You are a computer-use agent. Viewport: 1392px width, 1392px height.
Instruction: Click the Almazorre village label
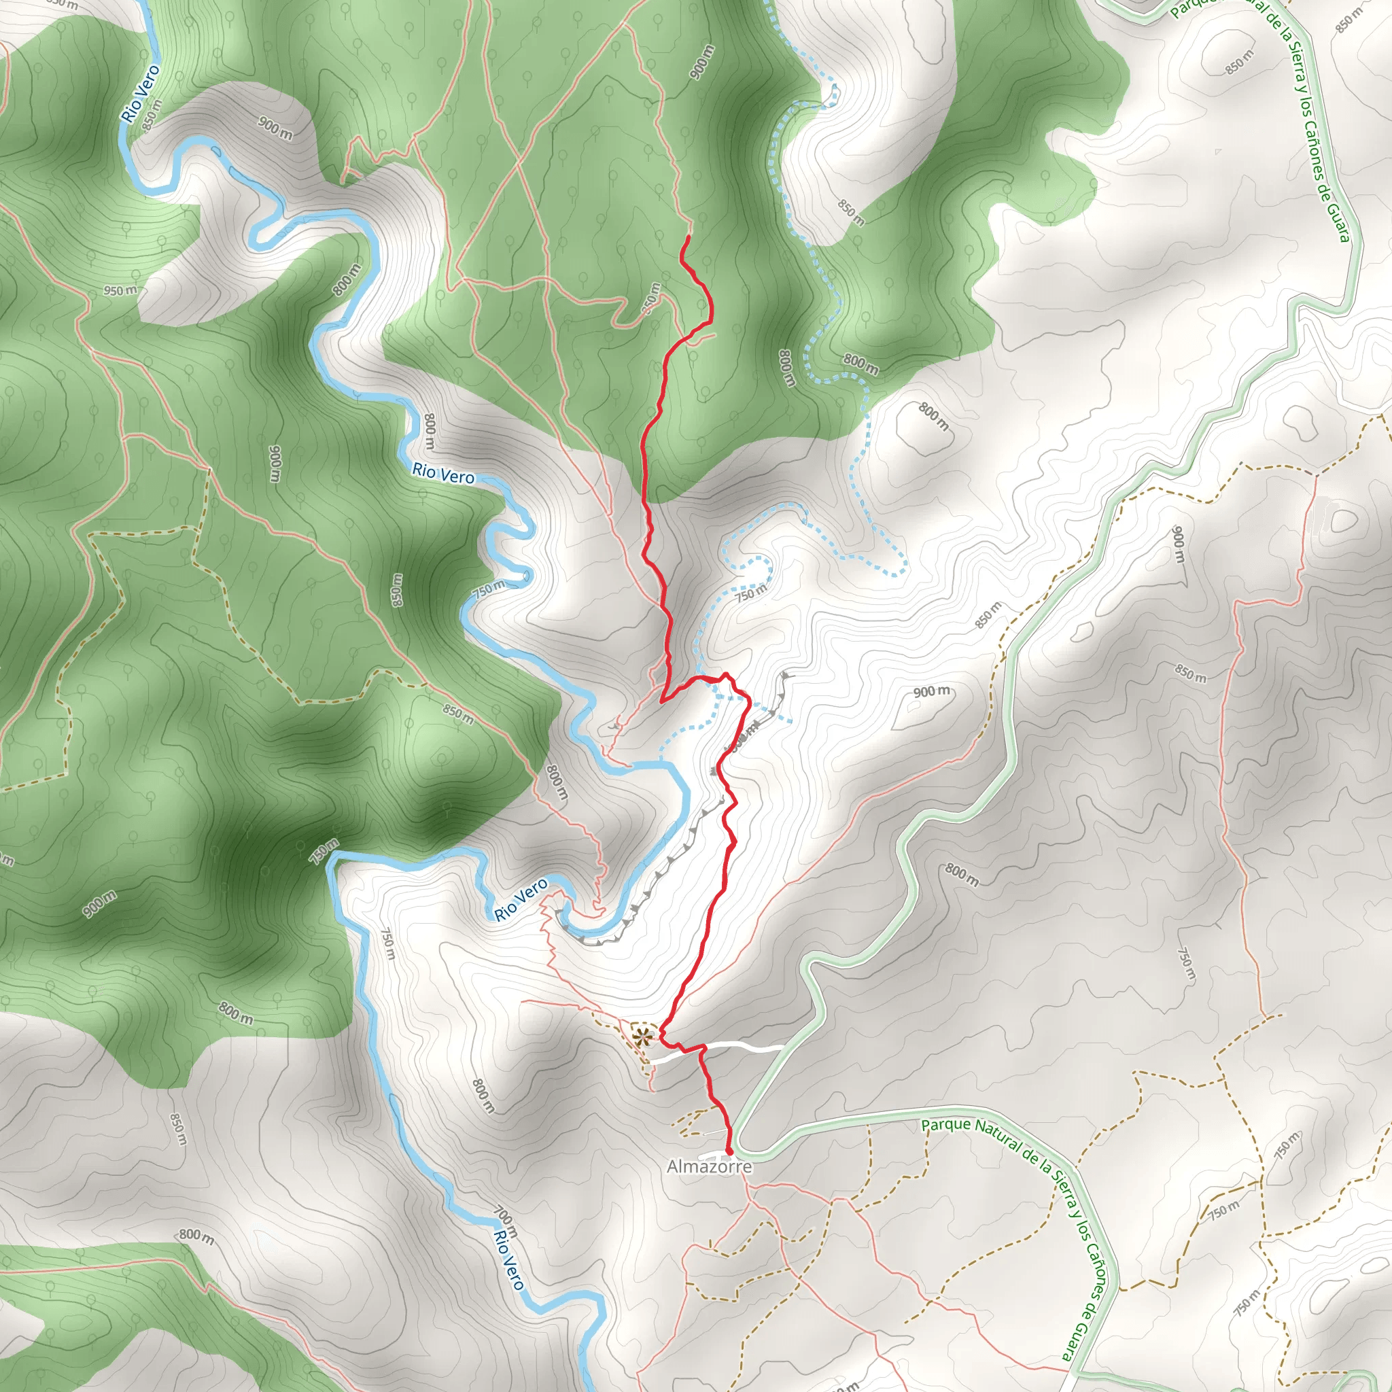709,1166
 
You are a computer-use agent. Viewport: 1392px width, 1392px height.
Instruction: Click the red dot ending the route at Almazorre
729,1151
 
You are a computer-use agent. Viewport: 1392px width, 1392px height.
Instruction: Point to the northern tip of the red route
689,237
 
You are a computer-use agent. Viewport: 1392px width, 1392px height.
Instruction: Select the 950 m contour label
120,290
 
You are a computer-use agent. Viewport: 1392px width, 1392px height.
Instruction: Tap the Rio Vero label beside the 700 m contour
509,1260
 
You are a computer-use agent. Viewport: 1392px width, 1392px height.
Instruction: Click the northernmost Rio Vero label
141,94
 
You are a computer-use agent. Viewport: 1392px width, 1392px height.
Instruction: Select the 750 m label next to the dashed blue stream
750,593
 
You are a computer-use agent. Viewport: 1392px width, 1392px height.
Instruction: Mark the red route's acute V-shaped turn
663,697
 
